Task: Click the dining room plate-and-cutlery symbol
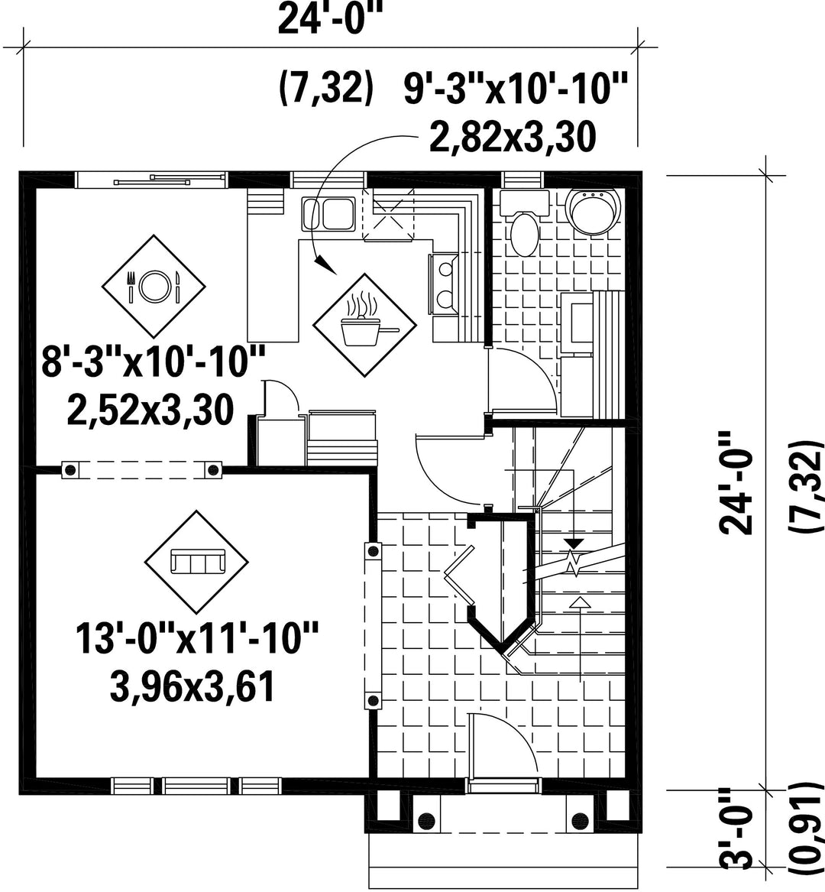154,286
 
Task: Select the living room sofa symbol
197,562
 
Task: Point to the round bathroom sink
594,211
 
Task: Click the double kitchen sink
328,214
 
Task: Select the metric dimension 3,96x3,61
192,686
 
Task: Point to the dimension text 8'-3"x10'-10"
154,362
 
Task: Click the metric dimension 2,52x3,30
150,410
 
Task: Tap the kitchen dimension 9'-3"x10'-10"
516,89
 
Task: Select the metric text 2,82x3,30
513,137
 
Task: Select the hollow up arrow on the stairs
579,602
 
